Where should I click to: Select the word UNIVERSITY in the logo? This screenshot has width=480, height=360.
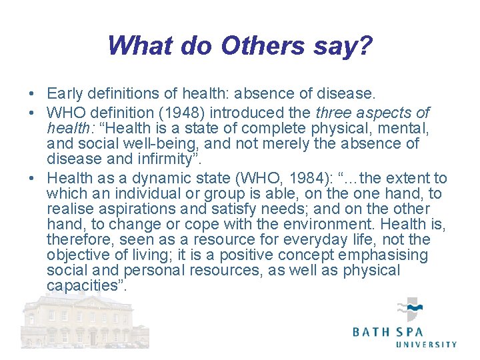(x=427, y=344)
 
